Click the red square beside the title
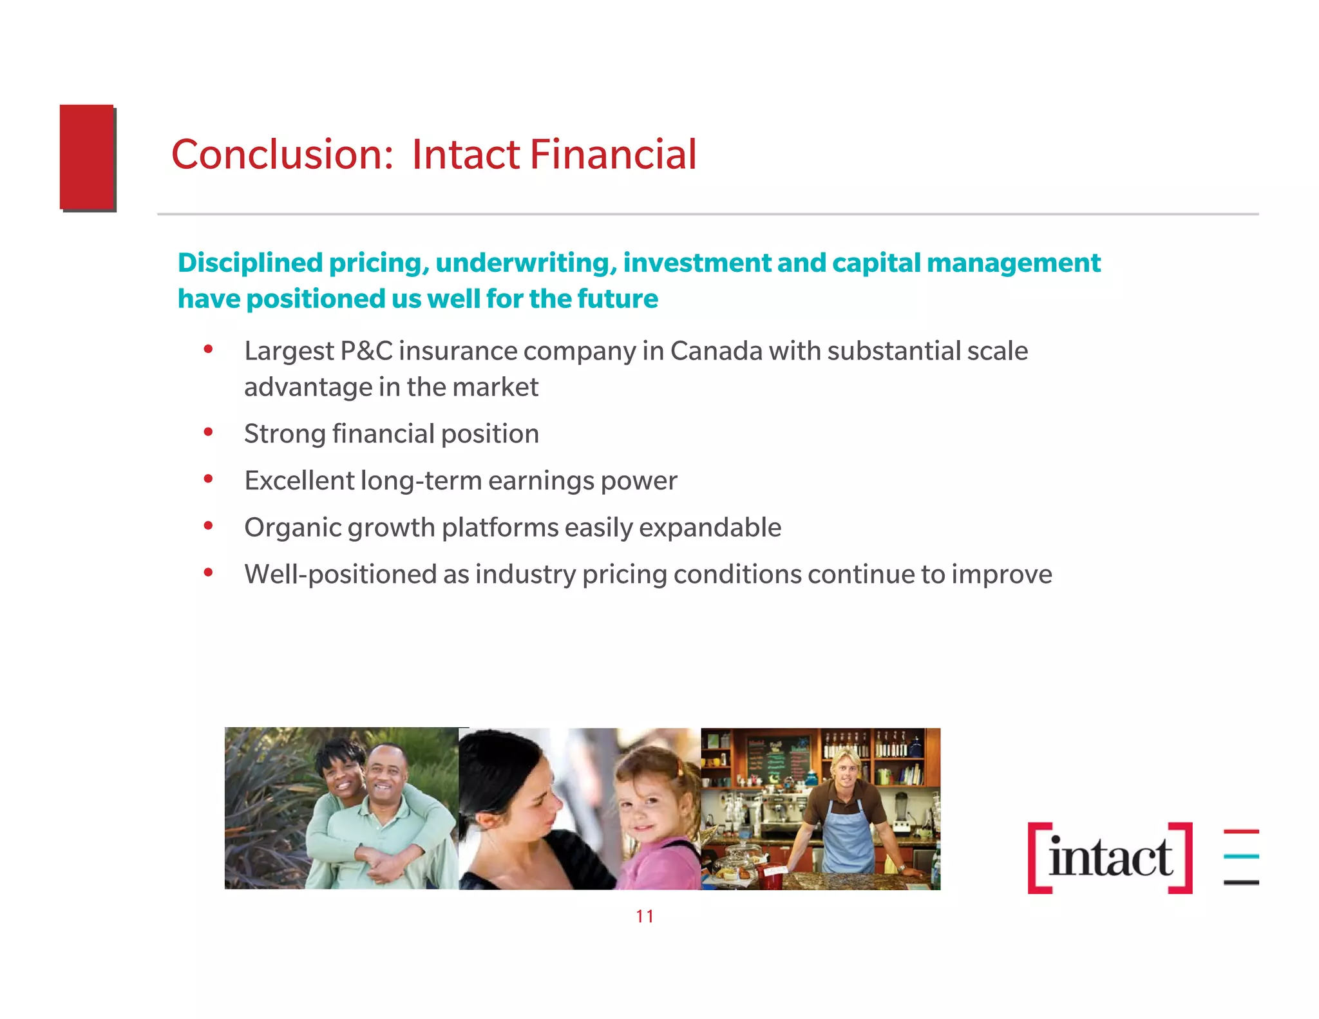(x=87, y=157)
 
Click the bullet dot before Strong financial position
(x=208, y=432)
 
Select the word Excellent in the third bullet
(x=299, y=481)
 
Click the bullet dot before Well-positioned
(x=208, y=573)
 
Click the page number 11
(x=645, y=916)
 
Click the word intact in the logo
(x=1110, y=858)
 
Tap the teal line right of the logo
(x=1241, y=857)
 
